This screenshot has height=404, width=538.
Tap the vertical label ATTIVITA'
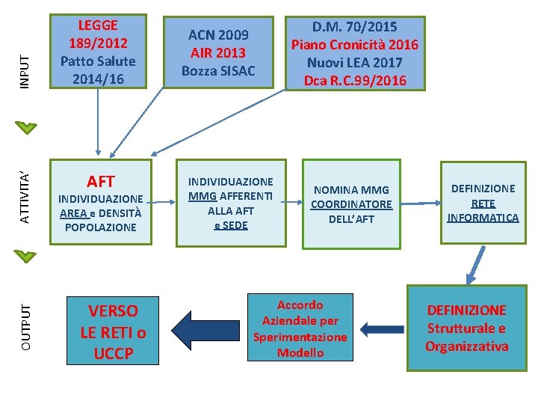click(25, 197)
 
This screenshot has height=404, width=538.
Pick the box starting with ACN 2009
click(218, 53)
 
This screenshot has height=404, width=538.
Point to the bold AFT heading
click(101, 181)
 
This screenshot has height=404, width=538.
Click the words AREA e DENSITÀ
click(101, 213)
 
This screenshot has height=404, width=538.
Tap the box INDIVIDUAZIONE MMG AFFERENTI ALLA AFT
click(231, 203)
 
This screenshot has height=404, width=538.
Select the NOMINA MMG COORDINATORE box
click(351, 204)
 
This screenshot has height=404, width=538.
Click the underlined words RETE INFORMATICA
click(483, 210)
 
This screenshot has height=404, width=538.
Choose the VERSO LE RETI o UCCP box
click(113, 332)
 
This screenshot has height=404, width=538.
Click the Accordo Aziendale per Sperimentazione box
click(300, 329)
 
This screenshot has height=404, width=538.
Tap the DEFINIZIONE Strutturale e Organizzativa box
click(466, 328)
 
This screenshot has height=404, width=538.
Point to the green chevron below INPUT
click(25, 127)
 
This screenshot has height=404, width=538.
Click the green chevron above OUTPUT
click(25, 256)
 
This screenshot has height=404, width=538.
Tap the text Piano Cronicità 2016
click(355, 45)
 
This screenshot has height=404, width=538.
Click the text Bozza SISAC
click(218, 71)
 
